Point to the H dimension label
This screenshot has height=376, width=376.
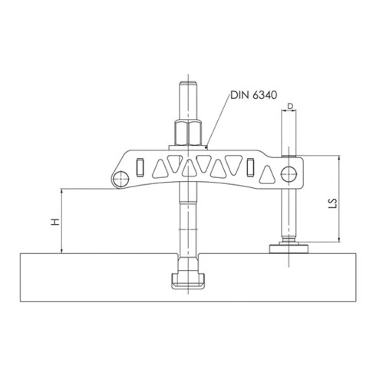pyautogui.click(x=53, y=222)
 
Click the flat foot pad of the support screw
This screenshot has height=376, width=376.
pyautogui.click(x=289, y=247)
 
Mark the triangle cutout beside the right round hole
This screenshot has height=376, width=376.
pyautogui.click(x=267, y=173)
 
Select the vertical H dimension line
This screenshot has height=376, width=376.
pyautogui.click(x=61, y=223)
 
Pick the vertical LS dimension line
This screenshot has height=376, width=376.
pyautogui.click(x=338, y=200)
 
